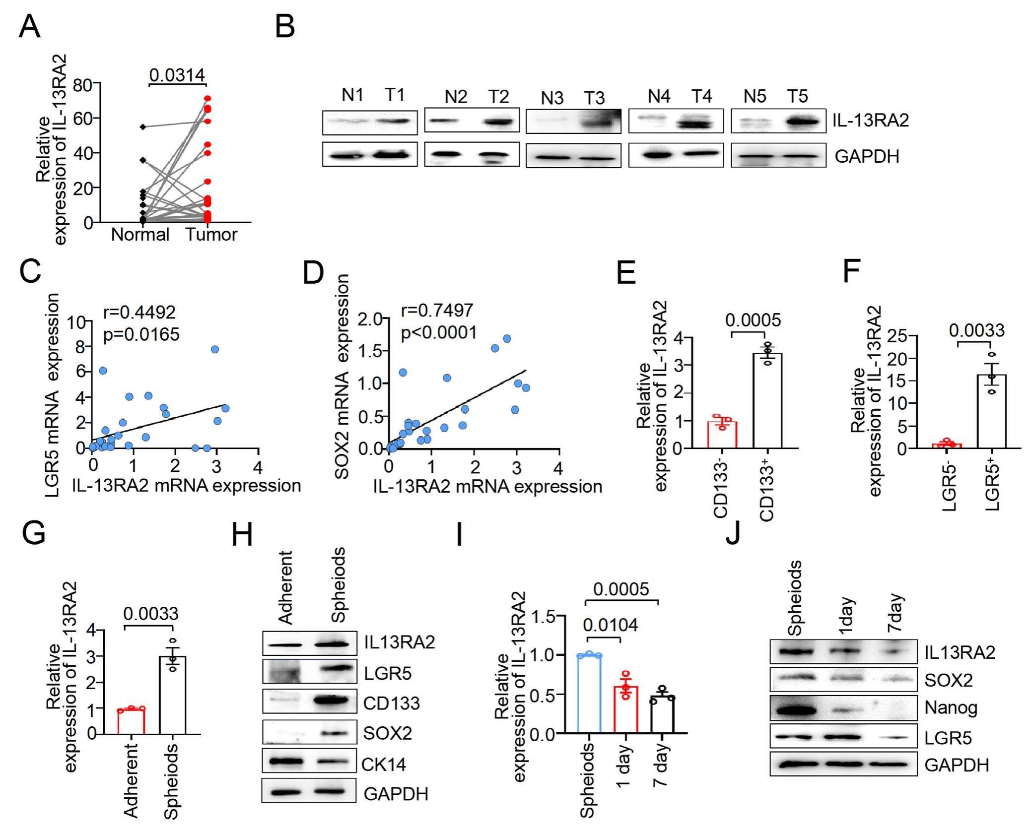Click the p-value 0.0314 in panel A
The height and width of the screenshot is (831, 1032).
(x=177, y=75)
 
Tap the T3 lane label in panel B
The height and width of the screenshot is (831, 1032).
(x=594, y=98)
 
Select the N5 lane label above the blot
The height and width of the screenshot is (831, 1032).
(x=755, y=96)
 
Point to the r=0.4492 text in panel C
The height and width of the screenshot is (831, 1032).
(x=139, y=312)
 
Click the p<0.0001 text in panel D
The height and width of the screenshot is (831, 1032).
(x=438, y=332)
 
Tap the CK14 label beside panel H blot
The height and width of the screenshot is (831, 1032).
(x=383, y=764)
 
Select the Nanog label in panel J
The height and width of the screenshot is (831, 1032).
(x=951, y=707)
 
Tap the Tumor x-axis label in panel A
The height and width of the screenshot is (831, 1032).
(x=211, y=234)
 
